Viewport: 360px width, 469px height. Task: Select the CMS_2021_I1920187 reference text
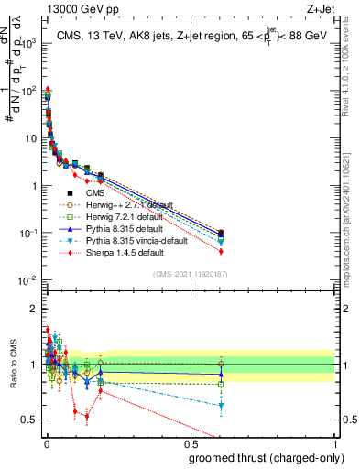pyautogui.click(x=191, y=274)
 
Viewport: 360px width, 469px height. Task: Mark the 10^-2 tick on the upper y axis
pyautogui.click(x=28, y=280)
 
